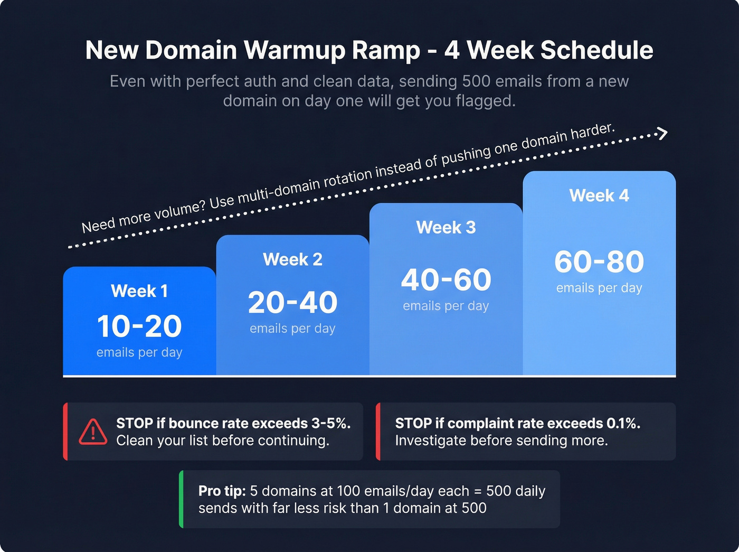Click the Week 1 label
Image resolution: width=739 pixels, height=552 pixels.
[139, 291]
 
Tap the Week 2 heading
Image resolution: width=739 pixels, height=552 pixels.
[292, 259]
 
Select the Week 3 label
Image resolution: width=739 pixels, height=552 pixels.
[446, 228]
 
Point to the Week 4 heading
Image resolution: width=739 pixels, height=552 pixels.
[599, 196]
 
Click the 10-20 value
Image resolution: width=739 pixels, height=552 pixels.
[139, 326]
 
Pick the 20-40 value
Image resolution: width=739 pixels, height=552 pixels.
[292, 302]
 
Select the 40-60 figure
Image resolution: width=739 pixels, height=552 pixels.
[446, 279]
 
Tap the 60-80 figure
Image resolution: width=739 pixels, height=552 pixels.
[599, 261]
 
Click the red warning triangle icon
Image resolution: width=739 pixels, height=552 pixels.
[93, 432]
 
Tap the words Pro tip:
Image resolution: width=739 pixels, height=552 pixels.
[222, 491]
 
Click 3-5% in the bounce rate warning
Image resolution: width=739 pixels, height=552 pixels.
[330, 423]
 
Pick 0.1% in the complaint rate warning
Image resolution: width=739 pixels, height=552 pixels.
[623, 423]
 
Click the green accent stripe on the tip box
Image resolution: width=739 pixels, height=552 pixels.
[182, 499]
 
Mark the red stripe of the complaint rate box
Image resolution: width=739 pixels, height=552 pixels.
[378, 431]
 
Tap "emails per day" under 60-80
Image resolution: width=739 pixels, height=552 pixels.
[599, 288]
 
